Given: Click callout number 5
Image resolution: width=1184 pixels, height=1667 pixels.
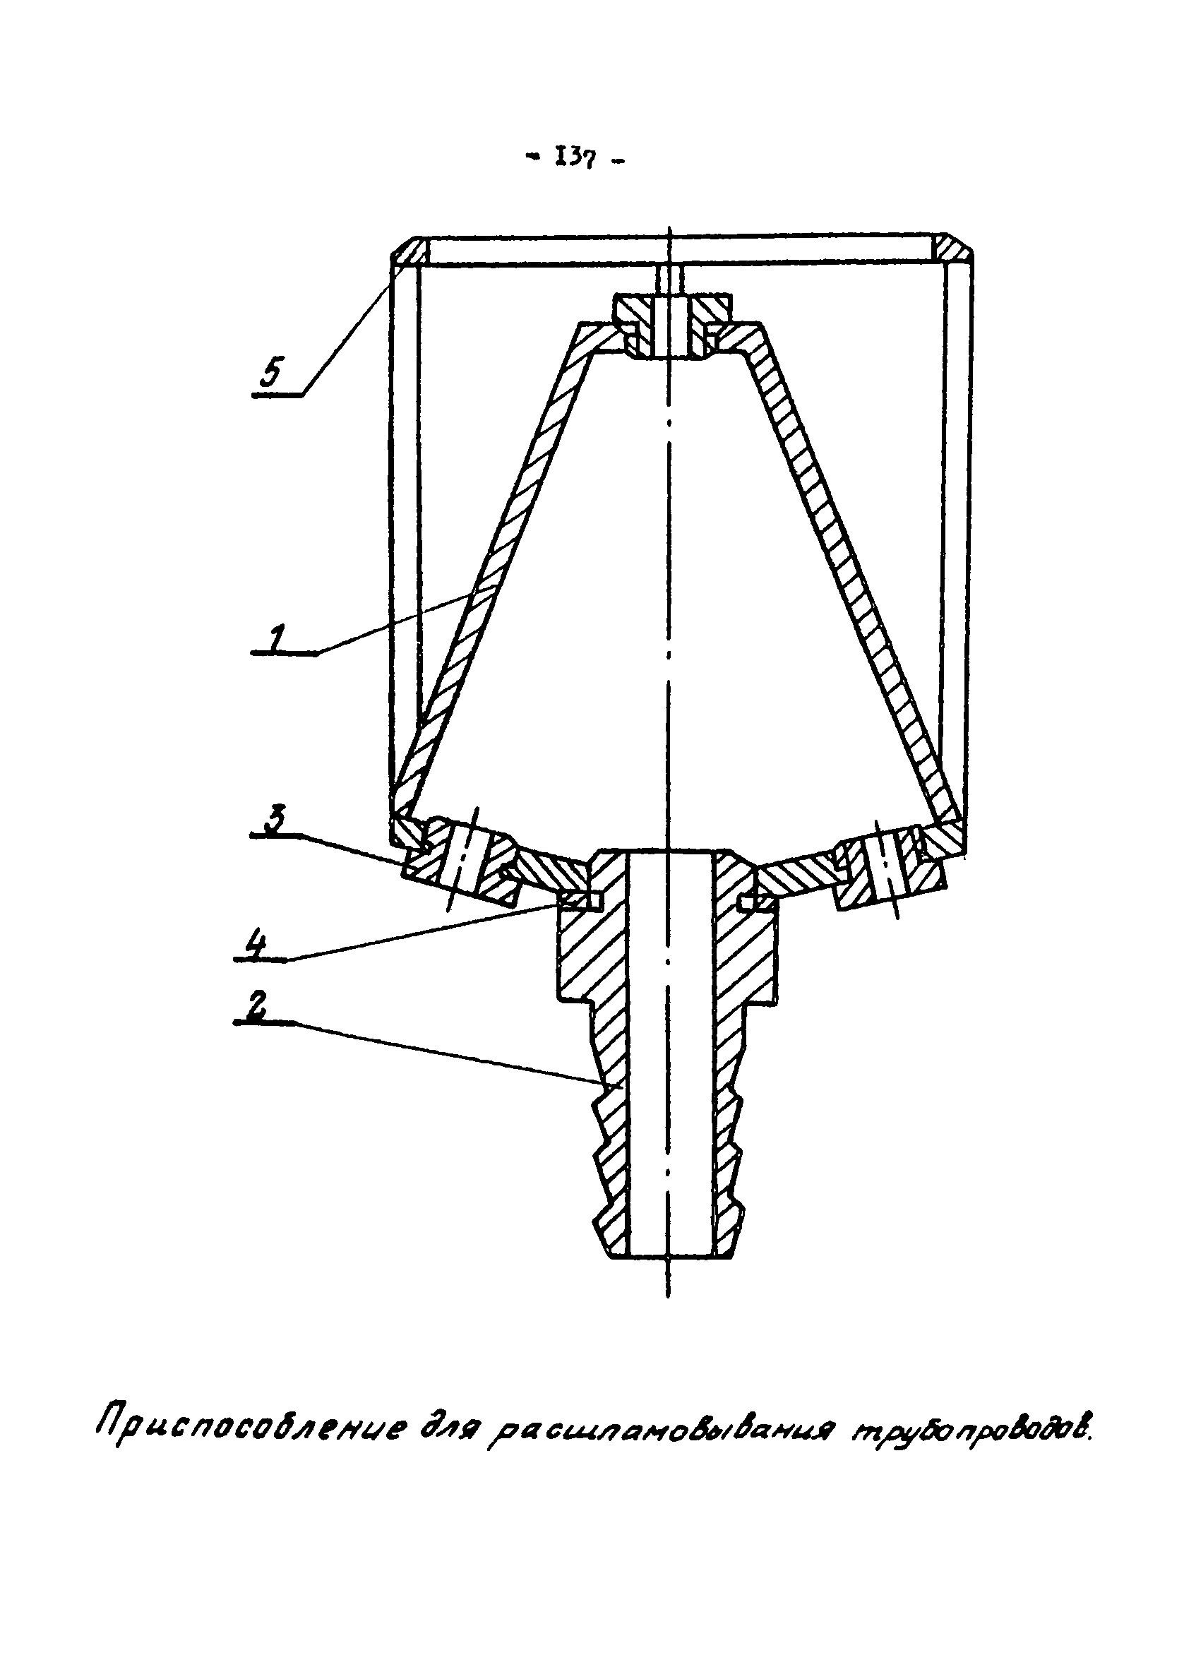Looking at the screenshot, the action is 270,375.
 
